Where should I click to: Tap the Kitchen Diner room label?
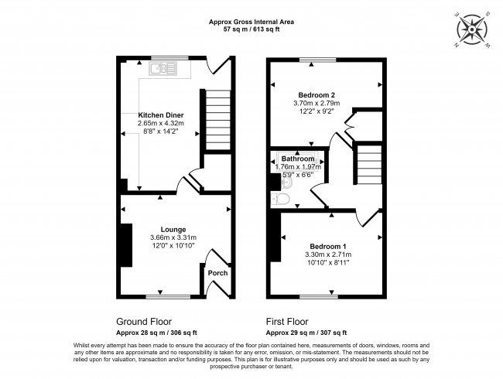(x=161, y=114)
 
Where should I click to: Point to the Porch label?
(x=217, y=272)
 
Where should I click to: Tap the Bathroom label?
(x=297, y=158)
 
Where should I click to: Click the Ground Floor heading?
(x=144, y=321)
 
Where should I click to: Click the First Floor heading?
(x=287, y=321)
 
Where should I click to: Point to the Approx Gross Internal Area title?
(x=251, y=21)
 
